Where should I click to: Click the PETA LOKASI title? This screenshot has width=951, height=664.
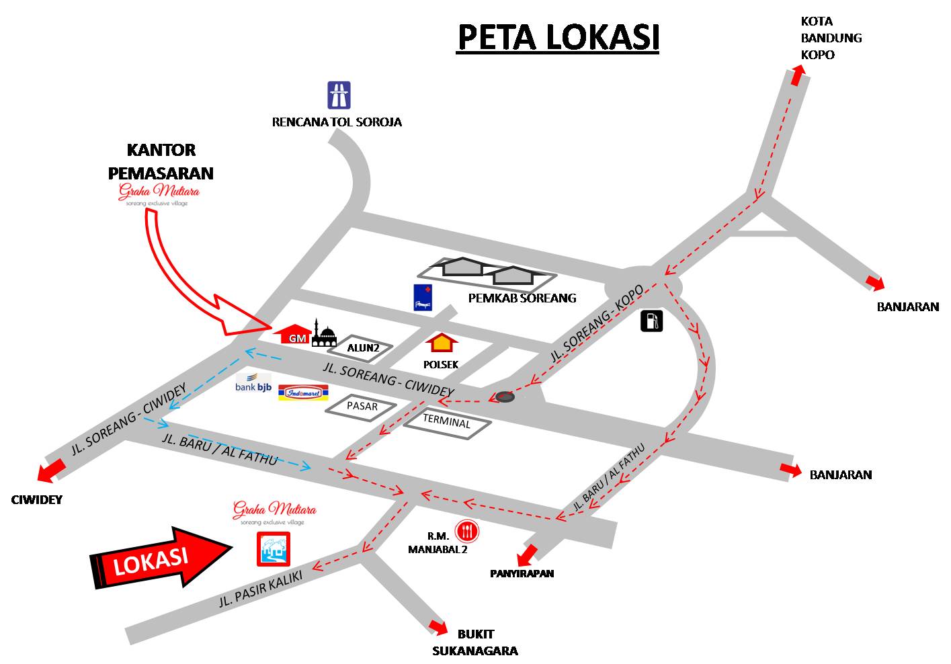tap(558, 38)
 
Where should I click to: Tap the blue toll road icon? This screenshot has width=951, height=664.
tap(338, 95)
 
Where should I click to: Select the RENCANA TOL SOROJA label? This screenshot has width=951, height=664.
tap(337, 122)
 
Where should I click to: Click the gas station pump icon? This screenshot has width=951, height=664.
tap(651, 321)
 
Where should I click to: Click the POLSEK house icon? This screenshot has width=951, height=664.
tap(441, 343)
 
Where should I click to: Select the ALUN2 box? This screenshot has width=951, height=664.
tap(364, 348)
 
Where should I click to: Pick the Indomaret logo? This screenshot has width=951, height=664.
tap(302, 392)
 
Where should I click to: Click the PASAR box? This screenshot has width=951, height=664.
tap(362, 407)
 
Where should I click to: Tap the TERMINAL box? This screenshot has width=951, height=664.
tap(447, 423)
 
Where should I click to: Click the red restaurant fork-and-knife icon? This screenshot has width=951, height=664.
tap(466, 532)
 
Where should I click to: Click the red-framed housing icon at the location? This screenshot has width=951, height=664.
tap(273, 548)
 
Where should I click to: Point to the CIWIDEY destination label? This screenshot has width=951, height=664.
tap(37, 499)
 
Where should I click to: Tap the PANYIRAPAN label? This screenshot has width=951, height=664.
tap(522, 573)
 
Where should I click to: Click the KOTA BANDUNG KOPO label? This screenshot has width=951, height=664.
tap(831, 38)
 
